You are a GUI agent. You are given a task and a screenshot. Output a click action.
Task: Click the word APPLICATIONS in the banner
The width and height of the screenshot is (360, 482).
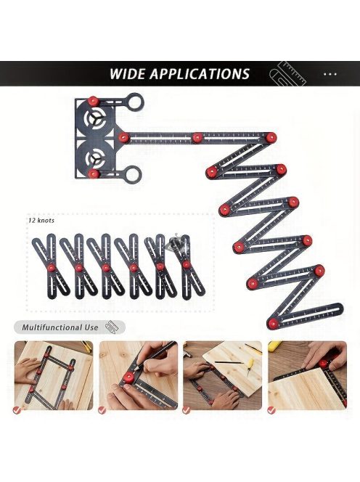pyautogui.click(x=200, y=74)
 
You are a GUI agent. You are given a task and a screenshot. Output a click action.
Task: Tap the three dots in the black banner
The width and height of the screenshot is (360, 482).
pyautogui.click(x=330, y=74)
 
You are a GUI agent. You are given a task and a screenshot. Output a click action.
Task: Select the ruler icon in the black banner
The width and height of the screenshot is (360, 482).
pyautogui.click(x=287, y=74)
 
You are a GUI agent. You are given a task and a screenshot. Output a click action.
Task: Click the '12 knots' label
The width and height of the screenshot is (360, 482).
pyautogui.click(x=41, y=221)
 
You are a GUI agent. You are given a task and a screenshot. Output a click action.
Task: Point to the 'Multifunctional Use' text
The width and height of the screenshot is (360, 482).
pyautogui.click(x=60, y=327)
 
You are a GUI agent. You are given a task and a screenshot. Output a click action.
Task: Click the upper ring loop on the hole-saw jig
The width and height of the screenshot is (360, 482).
pyautogui.click(x=135, y=102)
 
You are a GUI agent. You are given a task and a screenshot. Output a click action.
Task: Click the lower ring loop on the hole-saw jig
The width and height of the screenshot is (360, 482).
pyautogui.click(x=133, y=173)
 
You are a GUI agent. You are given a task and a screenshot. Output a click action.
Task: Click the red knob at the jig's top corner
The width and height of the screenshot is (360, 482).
pyautogui.click(x=92, y=100)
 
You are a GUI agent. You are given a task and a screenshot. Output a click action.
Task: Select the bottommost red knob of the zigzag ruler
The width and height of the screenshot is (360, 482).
pyautogui.click(x=272, y=323)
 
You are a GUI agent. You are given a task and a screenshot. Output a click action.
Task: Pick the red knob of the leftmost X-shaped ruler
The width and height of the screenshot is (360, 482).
pyautogui.click(x=52, y=267)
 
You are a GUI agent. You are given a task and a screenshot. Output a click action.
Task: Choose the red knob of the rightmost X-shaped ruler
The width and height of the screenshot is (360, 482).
pyautogui.click(x=186, y=265)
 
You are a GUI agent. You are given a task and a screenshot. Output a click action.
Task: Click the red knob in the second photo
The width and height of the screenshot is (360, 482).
pyautogui.click(x=128, y=377)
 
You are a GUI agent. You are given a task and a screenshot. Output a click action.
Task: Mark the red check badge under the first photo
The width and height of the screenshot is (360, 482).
pyautogui.click(x=17, y=410)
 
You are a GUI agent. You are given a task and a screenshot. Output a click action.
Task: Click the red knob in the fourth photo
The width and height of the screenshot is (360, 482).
pyautogui.click(x=323, y=364)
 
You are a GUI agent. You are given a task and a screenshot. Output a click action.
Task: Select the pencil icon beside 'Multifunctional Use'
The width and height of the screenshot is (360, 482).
pyautogui.click(x=111, y=327)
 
